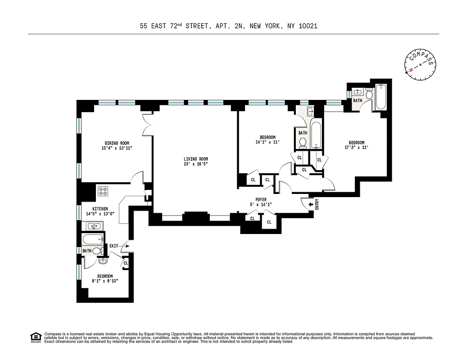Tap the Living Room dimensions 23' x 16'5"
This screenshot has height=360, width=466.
(x=195, y=164)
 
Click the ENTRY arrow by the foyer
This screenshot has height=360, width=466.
(x=311, y=205)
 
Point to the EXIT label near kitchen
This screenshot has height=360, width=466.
(x=114, y=246)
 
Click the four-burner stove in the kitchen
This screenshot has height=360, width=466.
(x=103, y=191)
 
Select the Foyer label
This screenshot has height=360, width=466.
(x=261, y=199)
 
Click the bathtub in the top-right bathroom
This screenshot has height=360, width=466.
(x=381, y=97)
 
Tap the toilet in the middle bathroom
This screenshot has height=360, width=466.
(x=303, y=143)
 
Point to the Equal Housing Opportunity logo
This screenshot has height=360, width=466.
(x=35, y=337)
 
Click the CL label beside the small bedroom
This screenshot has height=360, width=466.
(x=126, y=263)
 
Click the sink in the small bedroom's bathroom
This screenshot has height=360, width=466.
(x=103, y=261)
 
